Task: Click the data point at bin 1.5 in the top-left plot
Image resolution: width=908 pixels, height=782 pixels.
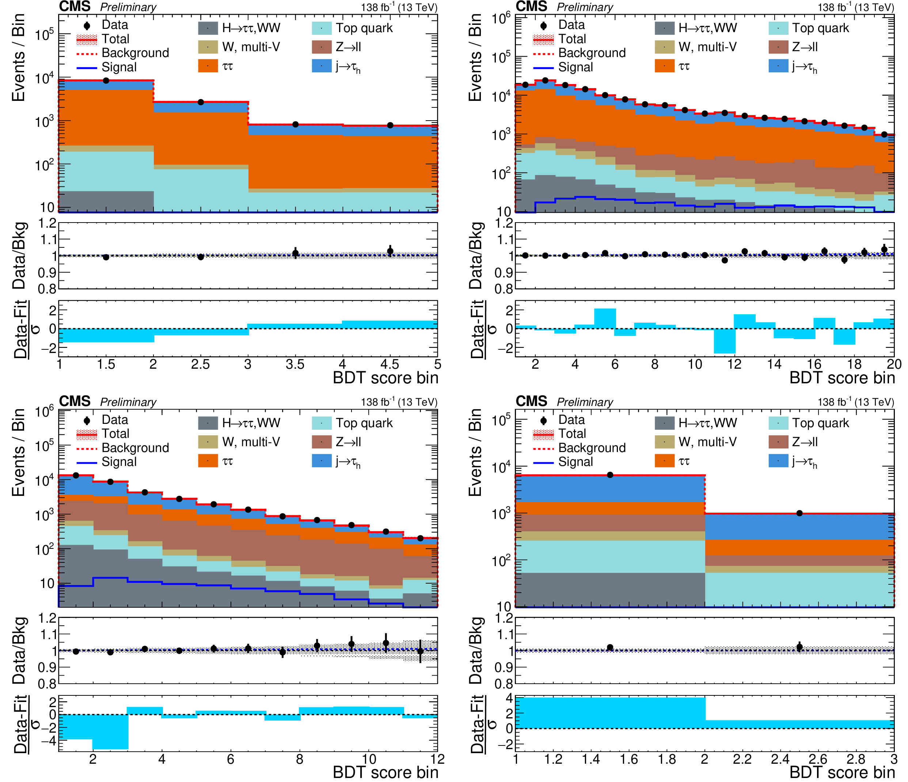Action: click(x=106, y=81)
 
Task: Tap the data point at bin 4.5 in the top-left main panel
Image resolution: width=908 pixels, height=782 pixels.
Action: click(x=390, y=125)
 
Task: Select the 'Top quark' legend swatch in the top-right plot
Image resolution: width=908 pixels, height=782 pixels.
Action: click(x=778, y=28)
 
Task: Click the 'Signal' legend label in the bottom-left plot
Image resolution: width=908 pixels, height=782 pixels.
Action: click(x=119, y=462)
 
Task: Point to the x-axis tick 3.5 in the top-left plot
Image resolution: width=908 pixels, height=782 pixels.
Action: click(x=295, y=364)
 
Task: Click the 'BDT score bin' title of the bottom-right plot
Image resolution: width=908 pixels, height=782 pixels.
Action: click(x=842, y=772)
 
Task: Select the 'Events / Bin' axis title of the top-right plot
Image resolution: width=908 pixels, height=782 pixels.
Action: click(x=475, y=57)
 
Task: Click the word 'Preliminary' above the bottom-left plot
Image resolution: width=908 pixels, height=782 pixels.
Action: click(x=128, y=402)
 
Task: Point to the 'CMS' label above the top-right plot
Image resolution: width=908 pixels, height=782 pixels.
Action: click(x=531, y=7)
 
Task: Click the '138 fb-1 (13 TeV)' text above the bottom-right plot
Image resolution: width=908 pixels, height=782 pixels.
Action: click(x=855, y=402)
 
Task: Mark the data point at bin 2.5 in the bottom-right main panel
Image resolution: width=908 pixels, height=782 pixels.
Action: click(x=799, y=513)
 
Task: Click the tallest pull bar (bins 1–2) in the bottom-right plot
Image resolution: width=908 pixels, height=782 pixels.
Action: click(x=610, y=713)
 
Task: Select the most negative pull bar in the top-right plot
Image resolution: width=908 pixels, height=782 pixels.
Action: click(x=724, y=341)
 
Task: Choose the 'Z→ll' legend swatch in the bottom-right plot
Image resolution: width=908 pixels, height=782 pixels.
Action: click(x=778, y=442)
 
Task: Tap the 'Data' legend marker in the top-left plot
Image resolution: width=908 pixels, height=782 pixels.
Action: click(x=87, y=26)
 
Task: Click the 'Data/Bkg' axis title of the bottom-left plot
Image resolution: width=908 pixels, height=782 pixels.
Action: click(x=20, y=650)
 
